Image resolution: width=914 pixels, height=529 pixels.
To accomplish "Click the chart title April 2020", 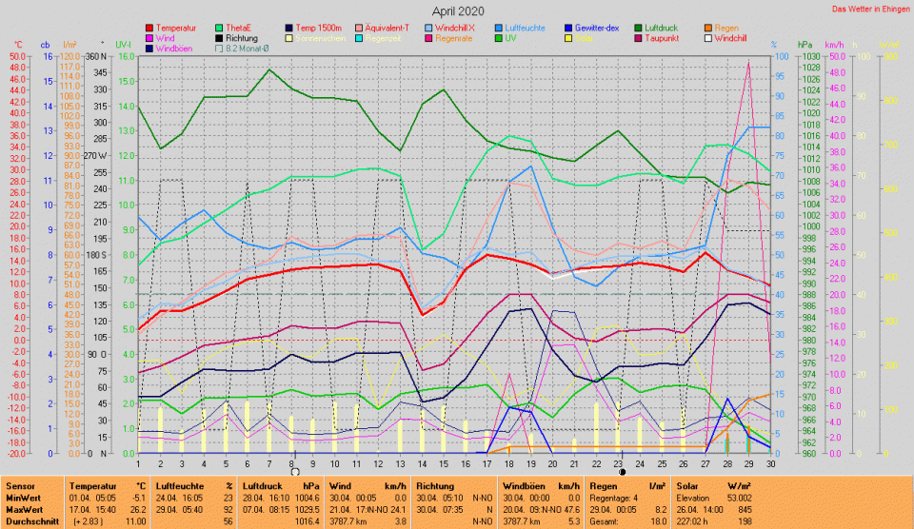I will (x=457, y=10).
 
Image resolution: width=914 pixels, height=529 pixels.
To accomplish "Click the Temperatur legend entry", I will (x=176, y=29).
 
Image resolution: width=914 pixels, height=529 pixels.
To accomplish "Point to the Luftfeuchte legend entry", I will (x=525, y=29).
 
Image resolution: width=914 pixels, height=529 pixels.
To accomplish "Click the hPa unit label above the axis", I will (x=805, y=45).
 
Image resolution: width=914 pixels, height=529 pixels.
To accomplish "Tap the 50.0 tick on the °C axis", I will (x=18, y=57).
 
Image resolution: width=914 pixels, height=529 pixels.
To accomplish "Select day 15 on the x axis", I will (x=444, y=463).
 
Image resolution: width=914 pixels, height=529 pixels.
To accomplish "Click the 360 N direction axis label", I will (x=97, y=57).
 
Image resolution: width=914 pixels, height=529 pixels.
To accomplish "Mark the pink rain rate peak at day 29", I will (x=748, y=62).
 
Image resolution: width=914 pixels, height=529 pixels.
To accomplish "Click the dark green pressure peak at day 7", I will (x=270, y=69).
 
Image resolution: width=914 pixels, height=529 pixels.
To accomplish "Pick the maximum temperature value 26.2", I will (x=137, y=510).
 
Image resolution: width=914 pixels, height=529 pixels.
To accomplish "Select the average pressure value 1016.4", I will (x=306, y=521).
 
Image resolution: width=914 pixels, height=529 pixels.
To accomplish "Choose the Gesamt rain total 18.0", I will (x=657, y=521).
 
